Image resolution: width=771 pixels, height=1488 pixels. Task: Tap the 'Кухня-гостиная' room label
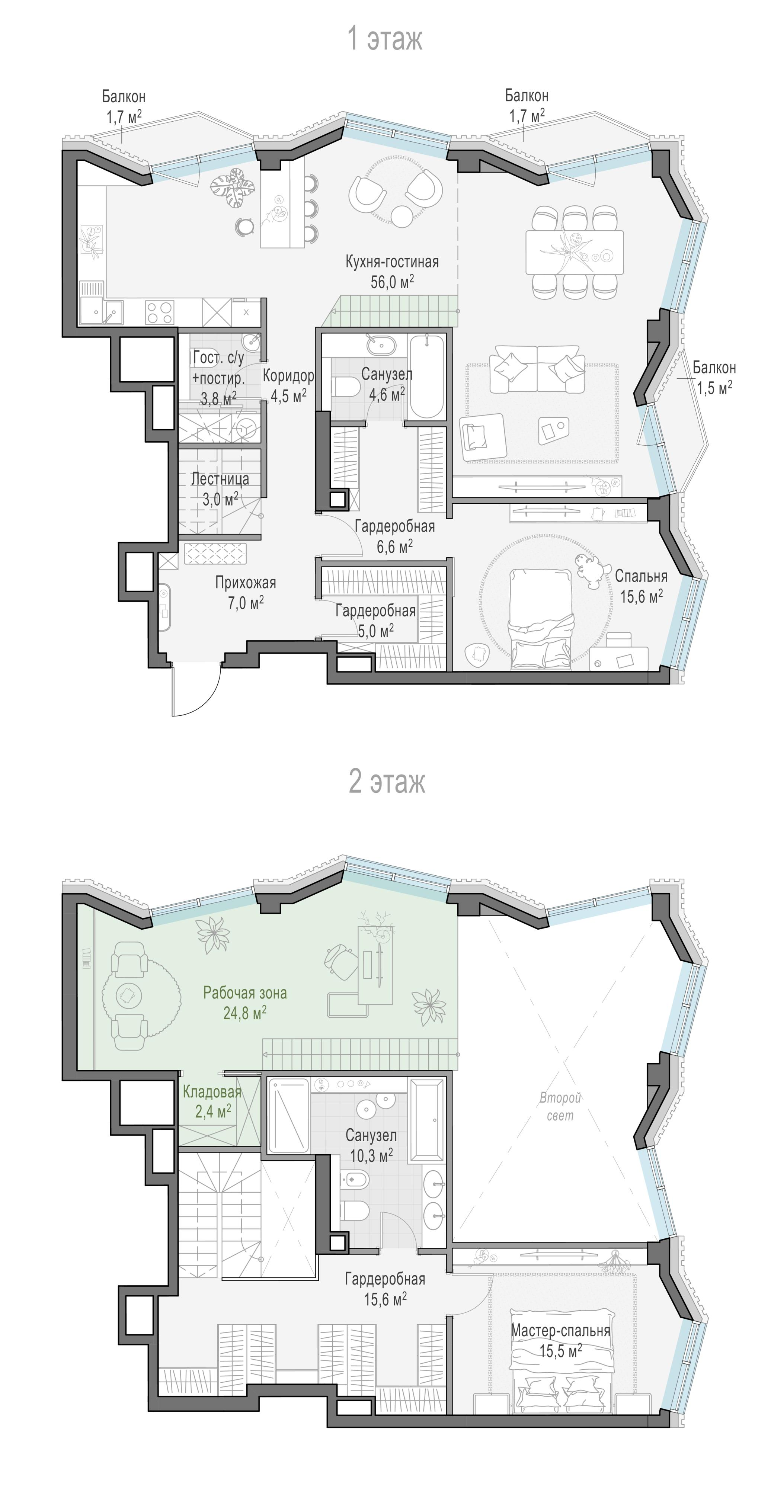pyautogui.click(x=392, y=262)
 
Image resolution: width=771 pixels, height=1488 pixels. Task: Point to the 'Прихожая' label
pyautogui.click(x=246, y=583)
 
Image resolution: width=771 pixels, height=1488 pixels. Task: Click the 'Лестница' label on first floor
pyautogui.click(x=220, y=479)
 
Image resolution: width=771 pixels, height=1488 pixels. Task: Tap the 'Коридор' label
pyautogui.click(x=288, y=375)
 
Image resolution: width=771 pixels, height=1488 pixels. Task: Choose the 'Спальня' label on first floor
pyautogui.click(x=641, y=576)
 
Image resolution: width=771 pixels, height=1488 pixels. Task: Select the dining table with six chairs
pyautogui.click(x=575, y=252)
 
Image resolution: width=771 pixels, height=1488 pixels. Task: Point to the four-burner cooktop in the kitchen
pyautogui.click(x=160, y=312)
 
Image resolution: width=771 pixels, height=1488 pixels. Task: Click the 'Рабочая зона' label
pyautogui.click(x=245, y=993)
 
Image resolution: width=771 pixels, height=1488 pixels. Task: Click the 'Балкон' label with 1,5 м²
pyautogui.click(x=714, y=368)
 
